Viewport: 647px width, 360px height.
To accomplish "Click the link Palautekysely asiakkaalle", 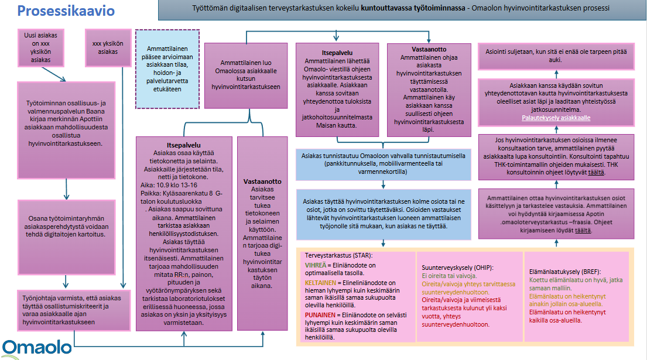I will [556, 118].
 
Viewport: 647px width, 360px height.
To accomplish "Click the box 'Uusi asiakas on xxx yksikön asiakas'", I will [41, 47].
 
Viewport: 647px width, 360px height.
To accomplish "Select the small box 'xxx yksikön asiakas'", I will [108, 47].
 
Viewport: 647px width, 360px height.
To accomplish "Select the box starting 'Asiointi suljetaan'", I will [556, 56].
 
